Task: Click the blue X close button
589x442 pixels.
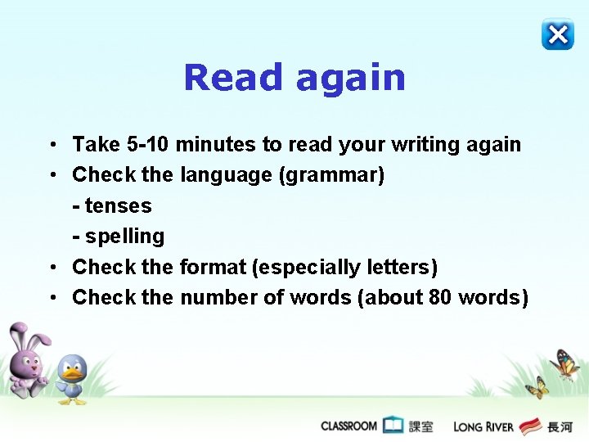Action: (557, 34)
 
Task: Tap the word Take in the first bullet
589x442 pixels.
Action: (97, 145)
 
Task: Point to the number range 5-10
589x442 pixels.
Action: (149, 145)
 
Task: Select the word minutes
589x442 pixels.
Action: (216, 145)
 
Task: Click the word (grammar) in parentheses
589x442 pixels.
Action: (331, 175)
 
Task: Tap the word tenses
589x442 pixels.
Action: (119, 205)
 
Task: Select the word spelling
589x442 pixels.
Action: (124, 237)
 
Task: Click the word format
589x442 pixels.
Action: (212, 267)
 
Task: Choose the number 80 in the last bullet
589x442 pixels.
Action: (440, 297)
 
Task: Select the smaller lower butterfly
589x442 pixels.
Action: (537, 387)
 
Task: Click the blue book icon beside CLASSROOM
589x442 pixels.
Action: (393, 426)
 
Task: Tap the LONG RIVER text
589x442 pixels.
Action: (483, 426)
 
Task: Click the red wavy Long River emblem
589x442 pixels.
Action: (531, 426)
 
